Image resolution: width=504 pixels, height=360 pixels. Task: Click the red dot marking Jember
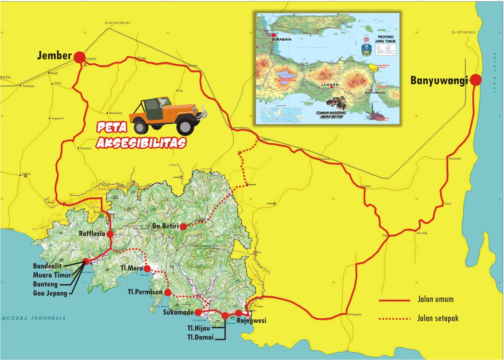tap(80, 57)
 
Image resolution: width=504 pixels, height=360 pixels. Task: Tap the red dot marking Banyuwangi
tap(476, 80)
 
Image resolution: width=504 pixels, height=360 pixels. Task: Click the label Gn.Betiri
tap(165, 226)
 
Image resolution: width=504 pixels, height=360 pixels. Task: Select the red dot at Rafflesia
tap(110, 234)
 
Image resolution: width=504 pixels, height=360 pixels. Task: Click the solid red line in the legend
tap(394, 300)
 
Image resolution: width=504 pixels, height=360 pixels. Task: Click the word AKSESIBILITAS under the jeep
tap(141, 142)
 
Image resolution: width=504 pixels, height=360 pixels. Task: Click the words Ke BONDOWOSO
tap(117, 24)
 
